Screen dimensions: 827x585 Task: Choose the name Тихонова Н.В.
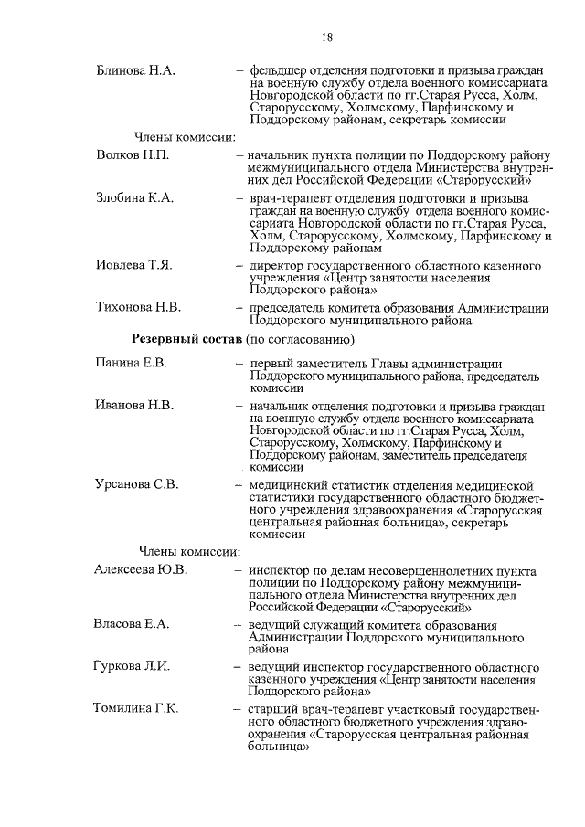139,308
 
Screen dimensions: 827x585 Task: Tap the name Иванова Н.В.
134,406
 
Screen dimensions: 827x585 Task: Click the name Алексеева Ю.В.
140,570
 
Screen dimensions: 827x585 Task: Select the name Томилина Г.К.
136,710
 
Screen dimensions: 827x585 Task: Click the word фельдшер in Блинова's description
279,70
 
